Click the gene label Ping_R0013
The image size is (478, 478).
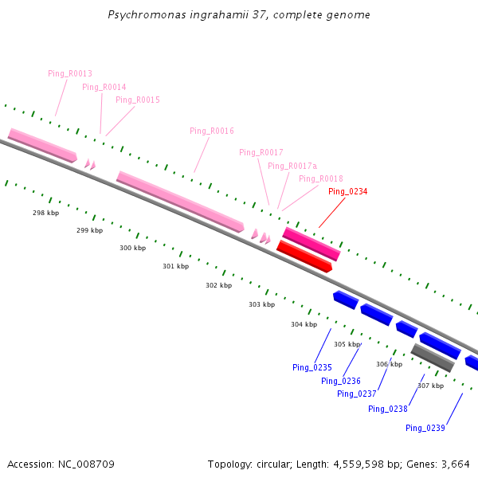(x=70, y=73)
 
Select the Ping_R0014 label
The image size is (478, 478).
(x=104, y=87)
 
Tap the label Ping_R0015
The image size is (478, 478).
(x=137, y=100)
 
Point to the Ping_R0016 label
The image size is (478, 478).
(x=212, y=131)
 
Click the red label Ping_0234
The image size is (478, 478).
(x=347, y=191)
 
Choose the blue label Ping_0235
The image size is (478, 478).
(x=311, y=367)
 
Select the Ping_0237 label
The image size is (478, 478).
(x=356, y=394)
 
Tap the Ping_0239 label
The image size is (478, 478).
(x=425, y=428)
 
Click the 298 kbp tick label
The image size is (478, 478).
(x=45, y=213)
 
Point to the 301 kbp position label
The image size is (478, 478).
(x=175, y=266)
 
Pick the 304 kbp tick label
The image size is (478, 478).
(x=304, y=324)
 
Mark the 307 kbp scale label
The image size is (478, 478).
(x=430, y=386)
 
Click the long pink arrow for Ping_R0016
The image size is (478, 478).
(x=180, y=202)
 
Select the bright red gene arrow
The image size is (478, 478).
(x=304, y=257)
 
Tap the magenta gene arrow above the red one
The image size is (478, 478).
(x=311, y=243)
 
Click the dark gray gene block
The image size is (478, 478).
(x=433, y=357)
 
